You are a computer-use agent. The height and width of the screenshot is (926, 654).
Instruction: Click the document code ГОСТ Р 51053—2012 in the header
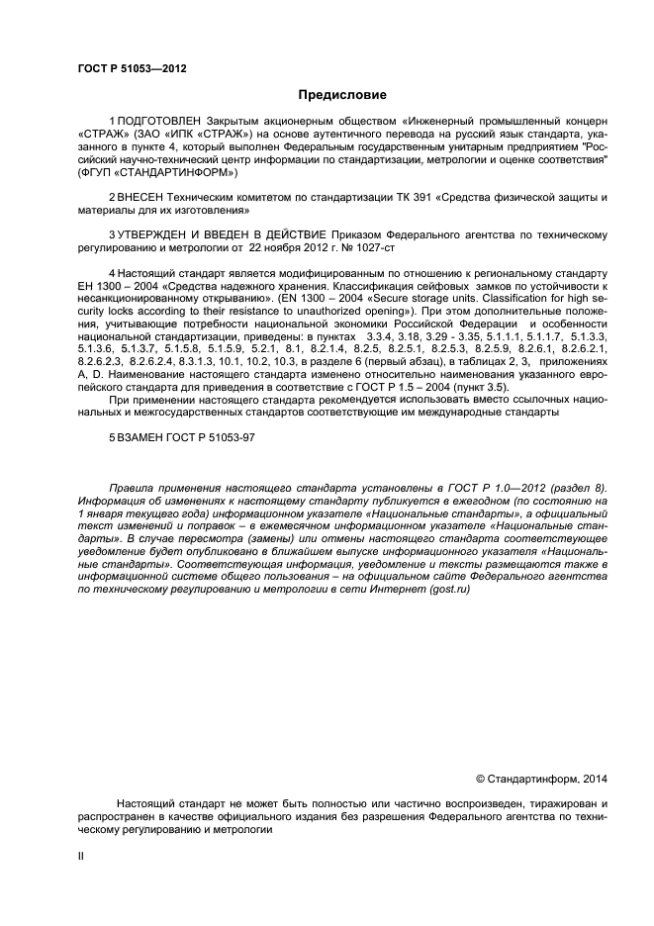132,68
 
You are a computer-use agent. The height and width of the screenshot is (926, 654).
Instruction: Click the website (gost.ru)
445,589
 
